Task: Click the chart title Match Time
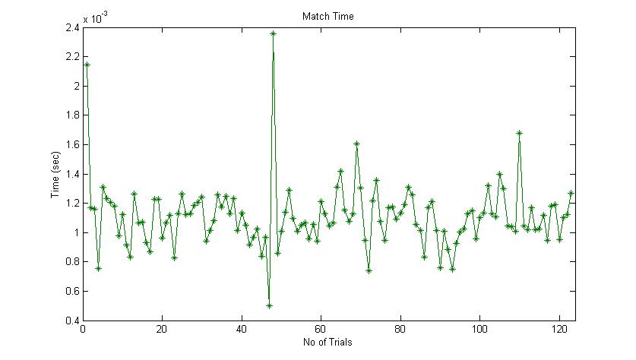pos(327,16)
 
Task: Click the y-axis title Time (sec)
pos(55,174)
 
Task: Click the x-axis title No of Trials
pos(327,342)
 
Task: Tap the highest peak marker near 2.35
pos(273,33)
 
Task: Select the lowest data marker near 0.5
pos(269,305)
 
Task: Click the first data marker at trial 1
pos(87,65)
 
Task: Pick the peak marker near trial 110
pos(519,133)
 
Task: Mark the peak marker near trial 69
pos(356,143)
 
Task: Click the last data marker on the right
pos(571,193)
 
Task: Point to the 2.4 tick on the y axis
pos(71,28)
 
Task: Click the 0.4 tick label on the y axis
pos(71,321)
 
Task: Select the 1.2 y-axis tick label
pos(71,204)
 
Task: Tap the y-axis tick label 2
pos(75,87)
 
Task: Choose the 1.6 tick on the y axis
pos(71,145)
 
